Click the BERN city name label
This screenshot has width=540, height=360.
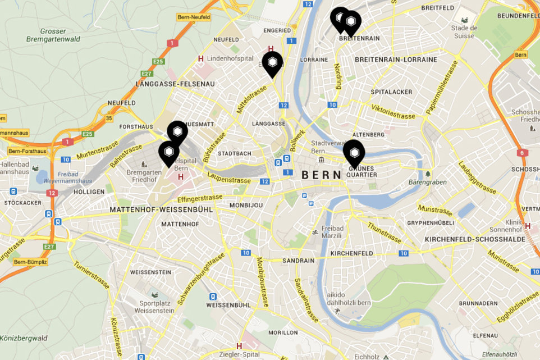click(322, 175)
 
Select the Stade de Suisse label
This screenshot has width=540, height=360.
click(465, 31)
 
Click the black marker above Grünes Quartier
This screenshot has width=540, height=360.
click(354, 152)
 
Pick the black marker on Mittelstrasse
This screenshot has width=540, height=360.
click(272, 64)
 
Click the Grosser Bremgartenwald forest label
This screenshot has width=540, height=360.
click(53, 35)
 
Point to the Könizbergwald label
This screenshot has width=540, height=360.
click(24, 338)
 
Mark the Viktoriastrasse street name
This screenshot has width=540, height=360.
click(393, 111)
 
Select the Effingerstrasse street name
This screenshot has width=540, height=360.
click(200, 198)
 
